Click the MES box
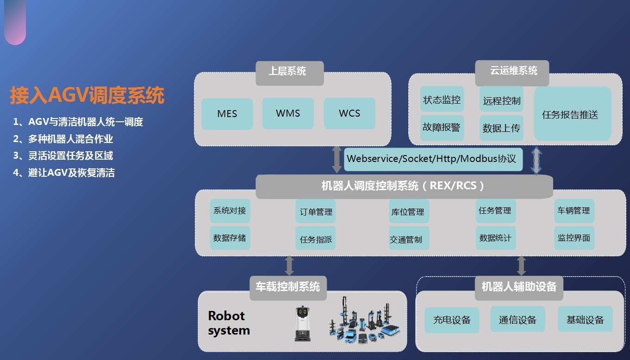pyautogui.click(x=227, y=114)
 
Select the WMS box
pyautogui.click(x=288, y=113)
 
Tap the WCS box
pyautogui.click(x=349, y=113)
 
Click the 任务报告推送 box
pyautogui.click(x=573, y=114)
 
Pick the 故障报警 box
pyautogui.click(x=442, y=128)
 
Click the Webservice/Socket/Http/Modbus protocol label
pyautogui.click(x=433, y=159)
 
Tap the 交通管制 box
pyautogui.click(x=409, y=238)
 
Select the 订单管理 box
pyautogui.click(x=316, y=211)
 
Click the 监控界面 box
pyautogui.click(x=574, y=238)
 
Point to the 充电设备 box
pyautogui.click(x=452, y=320)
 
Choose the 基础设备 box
pyautogui.click(x=585, y=319)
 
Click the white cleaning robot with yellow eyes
pyautogui.click(x=303, y=324)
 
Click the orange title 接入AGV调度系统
pyautogui.click(x=87, y=95)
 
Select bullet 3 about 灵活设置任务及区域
pyautogui.click(x=63, y=155)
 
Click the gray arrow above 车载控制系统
pyautogui.click(x=289, y=266)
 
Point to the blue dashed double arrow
pyautogui.click(x=536, y=161)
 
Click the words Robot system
pyautogui.click(x=229, y=323)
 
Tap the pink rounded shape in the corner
pyautogui.click(x=15, y=22)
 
